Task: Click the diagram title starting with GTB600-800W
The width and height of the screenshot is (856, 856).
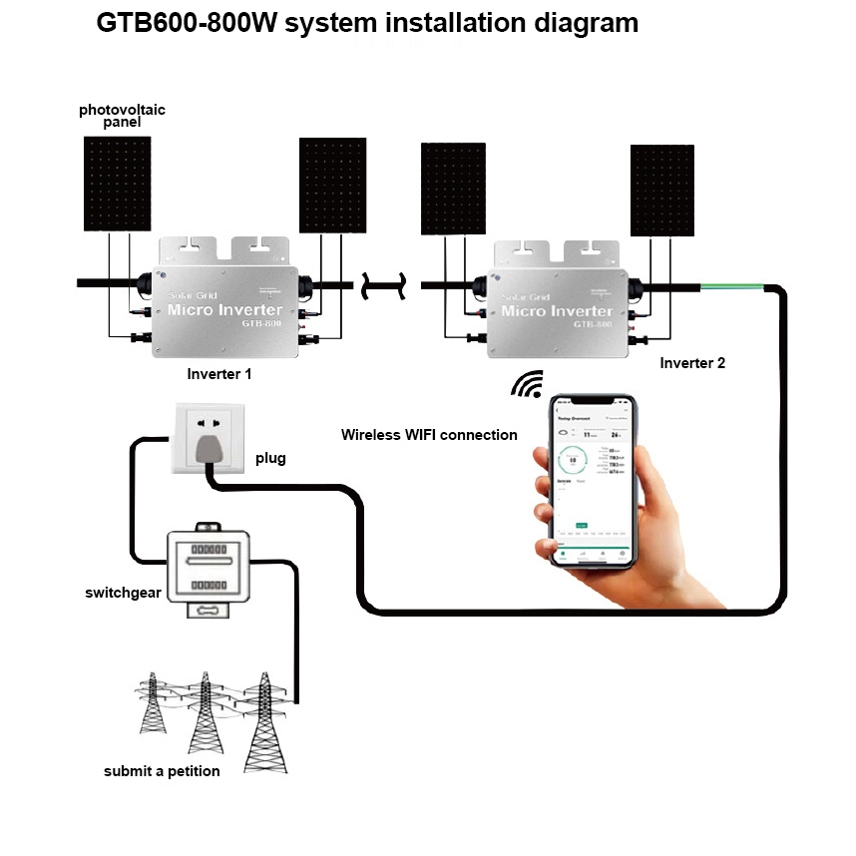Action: click(367, 23)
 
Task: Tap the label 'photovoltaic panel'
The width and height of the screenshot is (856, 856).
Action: click(121, 116)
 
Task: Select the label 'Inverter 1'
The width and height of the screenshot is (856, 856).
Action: click(219, 374)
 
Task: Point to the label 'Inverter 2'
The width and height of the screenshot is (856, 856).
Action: click(692, 363)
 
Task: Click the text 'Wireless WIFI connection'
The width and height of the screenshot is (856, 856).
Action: click(429, 435)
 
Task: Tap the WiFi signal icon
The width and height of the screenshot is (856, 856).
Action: click(527, 385)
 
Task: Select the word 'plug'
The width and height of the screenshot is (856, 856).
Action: click(269, 459)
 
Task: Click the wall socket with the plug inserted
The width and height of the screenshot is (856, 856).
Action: click(210, 437)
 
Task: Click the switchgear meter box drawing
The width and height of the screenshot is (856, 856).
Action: click(209, 573)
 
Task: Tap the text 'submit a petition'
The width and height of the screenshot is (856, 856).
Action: click(162, 771)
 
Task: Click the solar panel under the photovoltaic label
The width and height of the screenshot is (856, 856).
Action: click(118, 185)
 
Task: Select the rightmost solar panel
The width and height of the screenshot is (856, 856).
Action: click(662, 191)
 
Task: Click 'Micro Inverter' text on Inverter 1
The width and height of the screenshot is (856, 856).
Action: click(224, 310)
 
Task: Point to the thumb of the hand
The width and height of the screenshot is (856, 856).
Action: click(547, 461)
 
